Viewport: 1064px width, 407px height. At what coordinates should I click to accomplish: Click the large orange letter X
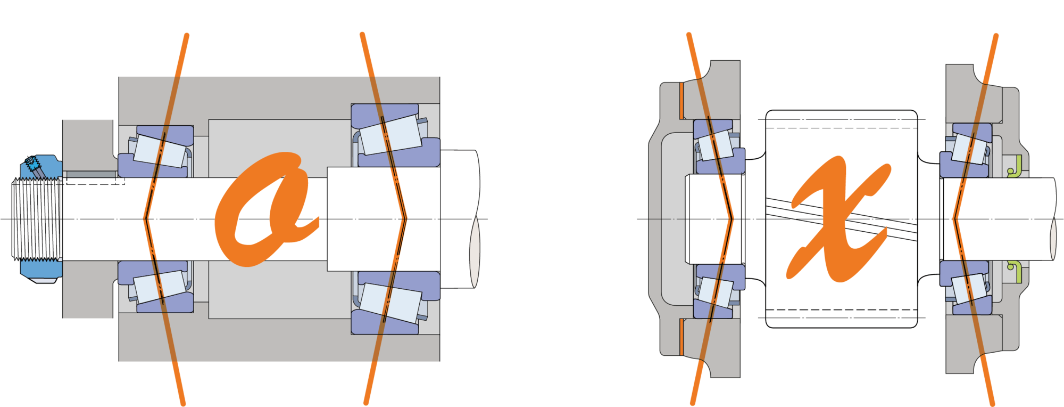(x=838, y=218)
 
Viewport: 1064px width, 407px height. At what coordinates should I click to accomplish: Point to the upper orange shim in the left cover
(x=681, y=101)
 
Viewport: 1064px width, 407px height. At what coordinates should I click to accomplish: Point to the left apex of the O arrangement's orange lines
(x=145, y=218)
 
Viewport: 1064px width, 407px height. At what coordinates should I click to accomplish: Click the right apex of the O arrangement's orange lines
(x=406, y=218)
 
